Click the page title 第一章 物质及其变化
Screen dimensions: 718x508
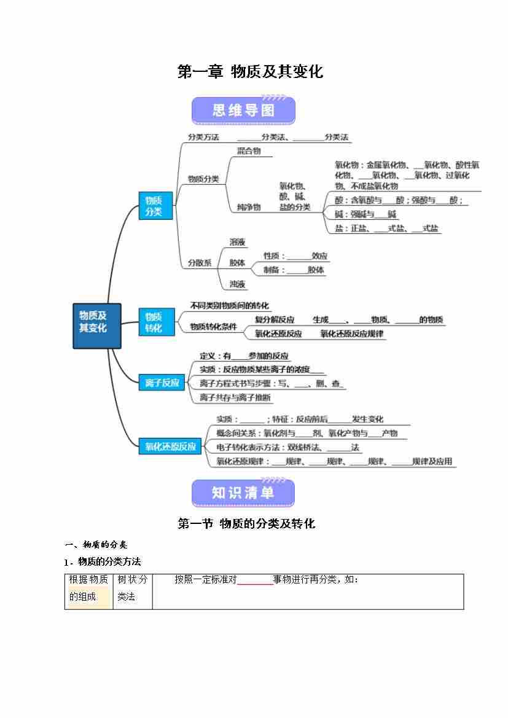pos(250,72)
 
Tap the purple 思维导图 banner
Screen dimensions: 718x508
pos(243,111)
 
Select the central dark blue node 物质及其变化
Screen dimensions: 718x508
pos(96,326)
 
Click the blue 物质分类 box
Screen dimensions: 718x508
pos(155,206)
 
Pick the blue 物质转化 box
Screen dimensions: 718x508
pos(155,322)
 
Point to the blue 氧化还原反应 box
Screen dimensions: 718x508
pos(170,447)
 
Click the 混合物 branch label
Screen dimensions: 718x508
pos(249,150)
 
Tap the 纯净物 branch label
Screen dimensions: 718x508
pos(249,207)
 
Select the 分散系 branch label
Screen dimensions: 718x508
pos(200,262)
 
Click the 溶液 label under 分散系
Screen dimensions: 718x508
pos(238,243)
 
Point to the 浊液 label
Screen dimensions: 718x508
pos(238,284)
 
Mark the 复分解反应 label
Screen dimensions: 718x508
pos(275,319)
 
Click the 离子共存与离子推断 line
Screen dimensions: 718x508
pos(235,397)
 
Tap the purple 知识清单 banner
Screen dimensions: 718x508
pos(243,493)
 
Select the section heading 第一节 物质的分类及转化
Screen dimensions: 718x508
pos(246,524)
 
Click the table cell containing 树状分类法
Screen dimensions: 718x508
pos(132,588)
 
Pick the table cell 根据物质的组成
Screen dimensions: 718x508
pos(88,588)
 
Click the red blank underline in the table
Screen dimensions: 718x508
pos(255,583)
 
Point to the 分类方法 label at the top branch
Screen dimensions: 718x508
pos(203,137)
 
